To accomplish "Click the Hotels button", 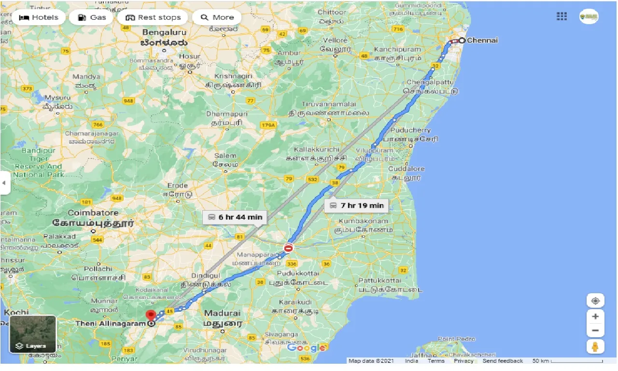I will [39, 17].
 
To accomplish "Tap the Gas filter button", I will [91, 17].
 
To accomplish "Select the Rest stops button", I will [153, 17].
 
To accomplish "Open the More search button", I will [217, 17].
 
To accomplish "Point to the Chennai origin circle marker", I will [462, 41].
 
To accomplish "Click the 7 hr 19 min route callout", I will [357, 205].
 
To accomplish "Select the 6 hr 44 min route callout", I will [235, 217].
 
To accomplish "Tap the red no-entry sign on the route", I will [289, 248].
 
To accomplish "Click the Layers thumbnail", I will [33, 334].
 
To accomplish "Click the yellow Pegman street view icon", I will [595, 346].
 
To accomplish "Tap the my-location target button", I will [595, 300].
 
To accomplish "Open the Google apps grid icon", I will [562, 16].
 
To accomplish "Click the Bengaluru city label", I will [164, 32].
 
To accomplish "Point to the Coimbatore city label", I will [93, 213].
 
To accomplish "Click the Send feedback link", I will [503, 361].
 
